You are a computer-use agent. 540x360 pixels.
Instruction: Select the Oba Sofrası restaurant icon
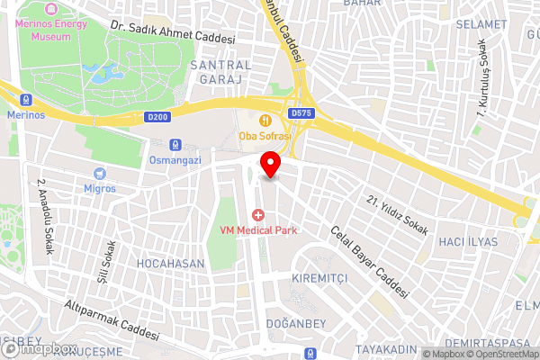pyautogui.click(x=265, y=120)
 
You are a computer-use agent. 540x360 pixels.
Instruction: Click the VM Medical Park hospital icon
pyautogui.click(x=258, y=214)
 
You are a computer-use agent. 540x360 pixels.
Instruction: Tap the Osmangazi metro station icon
pyautogui.click(x=175, y=144)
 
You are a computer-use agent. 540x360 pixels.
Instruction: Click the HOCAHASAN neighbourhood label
pyautogui.click(x=170, y=264)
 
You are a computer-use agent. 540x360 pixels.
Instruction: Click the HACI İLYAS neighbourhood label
pyautogui.click(x=468, y=243)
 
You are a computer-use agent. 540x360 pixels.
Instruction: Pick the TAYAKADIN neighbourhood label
pyautogui.click(x=386, y=348)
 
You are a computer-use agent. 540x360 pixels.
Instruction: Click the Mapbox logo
pyautogui.click(x=38, y=348)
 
